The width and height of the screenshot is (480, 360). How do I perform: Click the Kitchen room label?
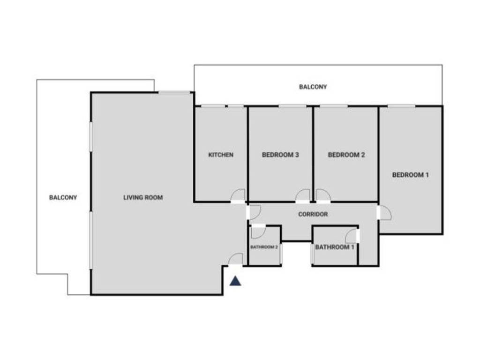221,155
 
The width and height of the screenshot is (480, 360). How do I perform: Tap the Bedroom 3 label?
280,155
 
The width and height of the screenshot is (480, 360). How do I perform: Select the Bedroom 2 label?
346,155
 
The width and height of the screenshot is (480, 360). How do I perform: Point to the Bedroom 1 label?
411,175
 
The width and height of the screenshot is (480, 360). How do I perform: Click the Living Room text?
143,198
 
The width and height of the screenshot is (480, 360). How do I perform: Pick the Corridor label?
313,214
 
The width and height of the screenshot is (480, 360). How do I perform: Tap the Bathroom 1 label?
334,247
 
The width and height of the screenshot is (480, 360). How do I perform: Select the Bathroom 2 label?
264,247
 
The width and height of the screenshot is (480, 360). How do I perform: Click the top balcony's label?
313,87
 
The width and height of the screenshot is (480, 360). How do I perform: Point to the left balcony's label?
63,198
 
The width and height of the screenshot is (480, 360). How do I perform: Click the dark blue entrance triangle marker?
235,281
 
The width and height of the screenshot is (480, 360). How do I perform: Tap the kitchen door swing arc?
239,195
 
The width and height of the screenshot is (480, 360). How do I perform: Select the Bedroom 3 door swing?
303,195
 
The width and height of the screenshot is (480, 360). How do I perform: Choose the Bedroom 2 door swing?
323,195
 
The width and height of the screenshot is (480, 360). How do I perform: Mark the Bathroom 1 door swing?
352,236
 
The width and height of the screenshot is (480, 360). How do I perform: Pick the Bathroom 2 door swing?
257,232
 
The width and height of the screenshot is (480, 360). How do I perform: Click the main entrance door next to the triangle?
236,260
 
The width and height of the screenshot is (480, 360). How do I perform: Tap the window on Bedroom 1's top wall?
401,106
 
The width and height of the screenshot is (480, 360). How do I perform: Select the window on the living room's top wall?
174,92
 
